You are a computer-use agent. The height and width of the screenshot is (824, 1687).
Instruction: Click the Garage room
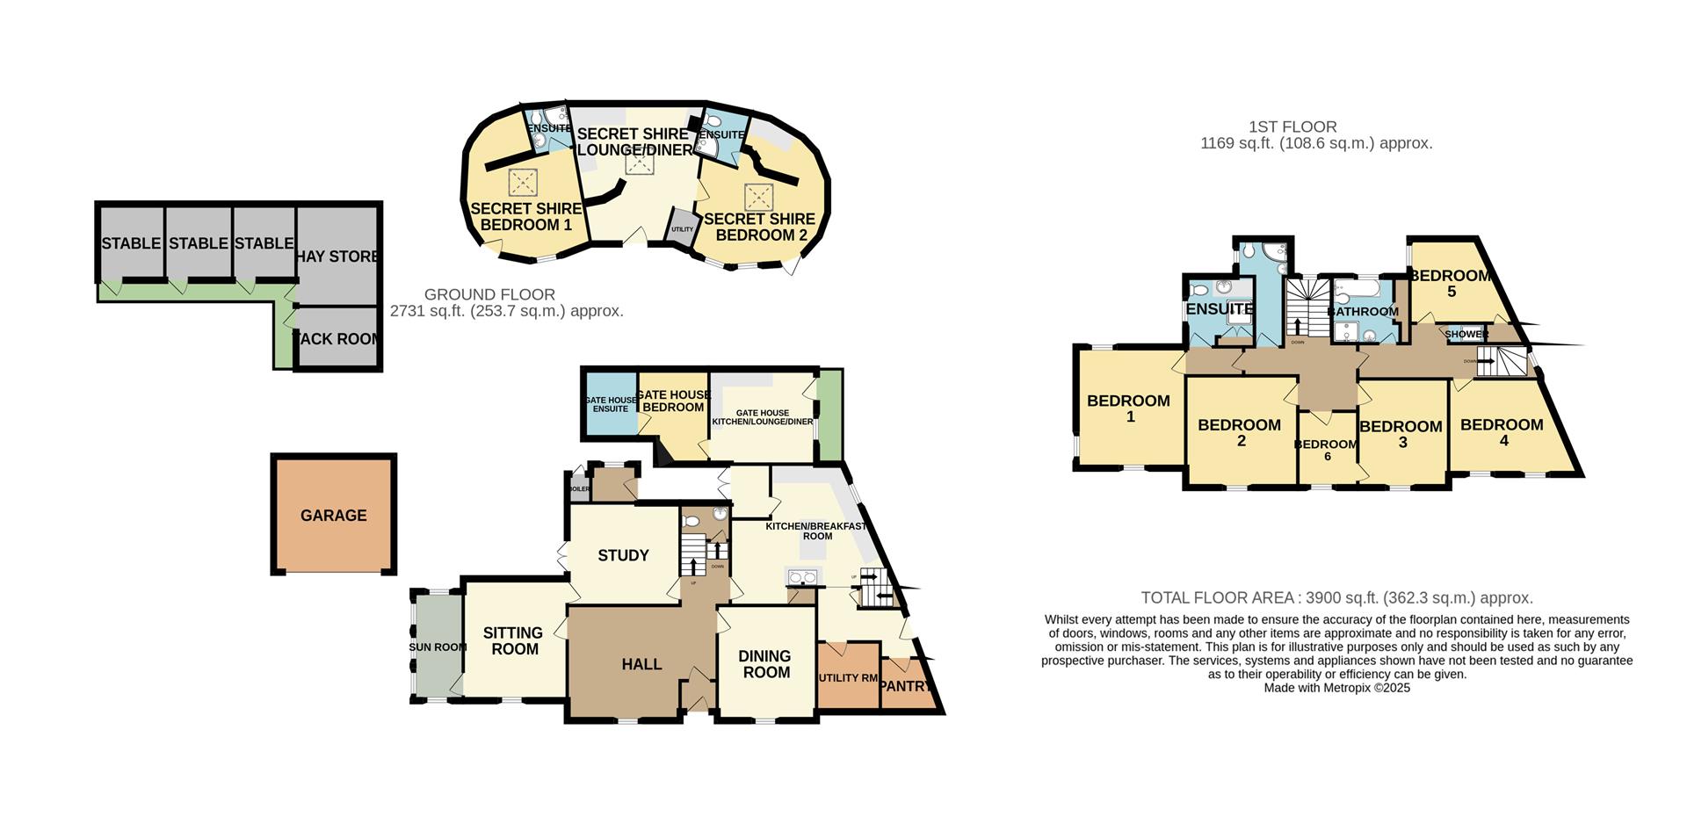click(333, 516)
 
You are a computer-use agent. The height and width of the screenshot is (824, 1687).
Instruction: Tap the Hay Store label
click(337, 257)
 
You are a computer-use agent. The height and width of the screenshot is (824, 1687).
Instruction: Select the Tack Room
click(337, 338)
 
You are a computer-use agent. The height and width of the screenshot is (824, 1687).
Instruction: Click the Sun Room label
click(437, 647)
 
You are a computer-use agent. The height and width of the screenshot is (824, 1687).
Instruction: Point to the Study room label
click(623, 555)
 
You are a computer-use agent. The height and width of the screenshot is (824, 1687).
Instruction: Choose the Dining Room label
click(765, 664)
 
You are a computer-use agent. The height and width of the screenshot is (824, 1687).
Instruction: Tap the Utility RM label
click(848, 678)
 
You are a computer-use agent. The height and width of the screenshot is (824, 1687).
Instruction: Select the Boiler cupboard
click(579, 488)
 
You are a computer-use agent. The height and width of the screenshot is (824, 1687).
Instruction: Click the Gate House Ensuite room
click(611, 405)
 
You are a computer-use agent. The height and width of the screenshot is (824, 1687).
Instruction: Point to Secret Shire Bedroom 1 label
click(525, 216)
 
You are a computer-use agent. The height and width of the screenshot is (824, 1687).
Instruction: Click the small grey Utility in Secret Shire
click(682, 228)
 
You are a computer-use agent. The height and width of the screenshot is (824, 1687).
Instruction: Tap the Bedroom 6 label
click(1327, 450)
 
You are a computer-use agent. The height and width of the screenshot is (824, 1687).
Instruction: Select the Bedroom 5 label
click(1451, 283)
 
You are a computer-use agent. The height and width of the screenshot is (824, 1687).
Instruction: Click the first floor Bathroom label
click(1363, 312)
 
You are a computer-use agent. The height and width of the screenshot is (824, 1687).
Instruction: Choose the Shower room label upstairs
click(1466, 335)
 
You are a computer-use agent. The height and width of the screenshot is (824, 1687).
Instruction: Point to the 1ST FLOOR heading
click(1292, 127)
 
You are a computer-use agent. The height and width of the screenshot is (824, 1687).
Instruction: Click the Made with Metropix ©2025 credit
click(1336, 688)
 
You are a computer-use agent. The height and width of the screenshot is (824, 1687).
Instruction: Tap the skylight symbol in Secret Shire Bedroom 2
click(757, 196)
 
